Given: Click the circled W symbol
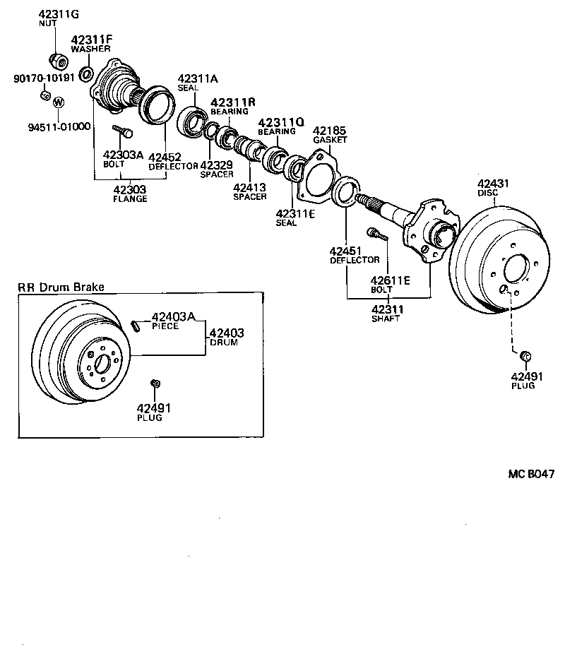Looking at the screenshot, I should click(x=59, y=102).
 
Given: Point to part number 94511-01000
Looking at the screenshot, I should click(x=59, y=127).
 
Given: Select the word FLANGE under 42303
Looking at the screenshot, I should click(x=130, y=198).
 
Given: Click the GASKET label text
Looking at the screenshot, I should click(x=331, y=140).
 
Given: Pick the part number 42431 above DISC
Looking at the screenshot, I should click(x=493, y=184).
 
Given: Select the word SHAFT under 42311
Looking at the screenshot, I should click(x=386, y=319).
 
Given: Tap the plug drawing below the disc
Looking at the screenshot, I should click(x=525, y=355).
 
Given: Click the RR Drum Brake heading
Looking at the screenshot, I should click(x=61, y=287).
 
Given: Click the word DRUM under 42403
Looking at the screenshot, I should click(x=223, y=343).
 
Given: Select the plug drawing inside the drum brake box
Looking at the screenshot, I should click(x=155, y=384).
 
